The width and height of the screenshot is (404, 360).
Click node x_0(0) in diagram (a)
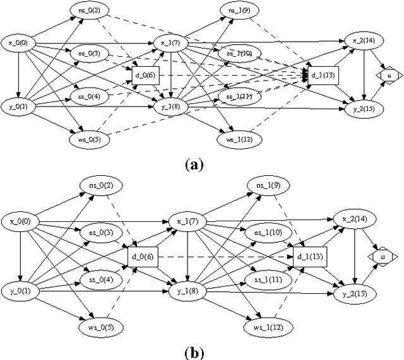click(19, 43)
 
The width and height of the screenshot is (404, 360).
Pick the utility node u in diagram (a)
click(389, 75)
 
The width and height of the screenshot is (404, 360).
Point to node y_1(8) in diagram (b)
click(184, 291)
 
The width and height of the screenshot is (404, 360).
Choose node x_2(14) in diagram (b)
click(352, 218)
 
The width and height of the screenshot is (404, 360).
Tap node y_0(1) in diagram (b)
click(20, 291)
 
